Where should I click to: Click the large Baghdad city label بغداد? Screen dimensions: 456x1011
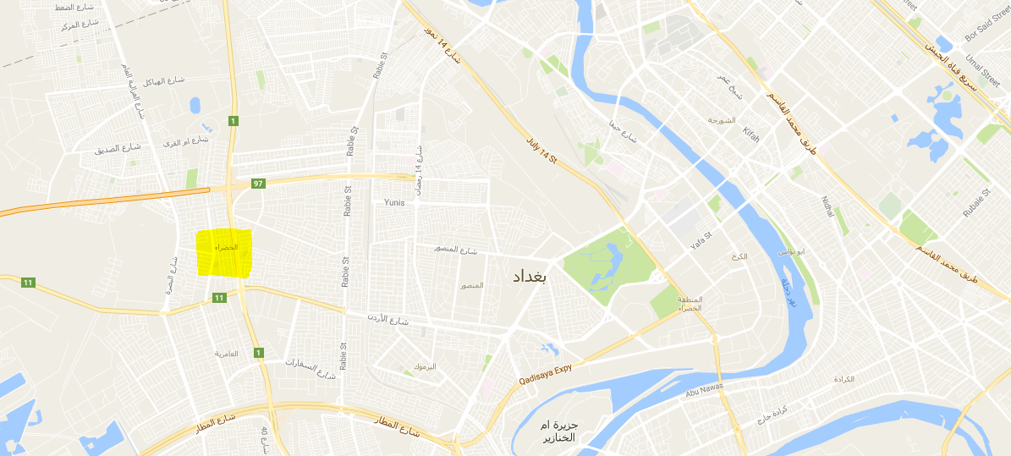(x=531, y=277)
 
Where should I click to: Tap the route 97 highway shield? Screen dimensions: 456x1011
(x=259, y=184)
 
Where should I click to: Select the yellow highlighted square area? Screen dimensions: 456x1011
(x=224, y=253)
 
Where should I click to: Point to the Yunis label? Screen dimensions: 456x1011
(x=394, y=202)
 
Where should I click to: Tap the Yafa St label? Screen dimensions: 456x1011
(x=701, y=240)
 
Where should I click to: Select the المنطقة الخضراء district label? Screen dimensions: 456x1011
(x=690, y=305)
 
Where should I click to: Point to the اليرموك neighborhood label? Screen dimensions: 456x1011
(x=425, y=366)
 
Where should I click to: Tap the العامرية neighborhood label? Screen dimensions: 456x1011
(x=226, y=353)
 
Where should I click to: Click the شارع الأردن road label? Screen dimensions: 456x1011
(x=387, y=318)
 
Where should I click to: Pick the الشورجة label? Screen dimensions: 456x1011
(x=722, y=119)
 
